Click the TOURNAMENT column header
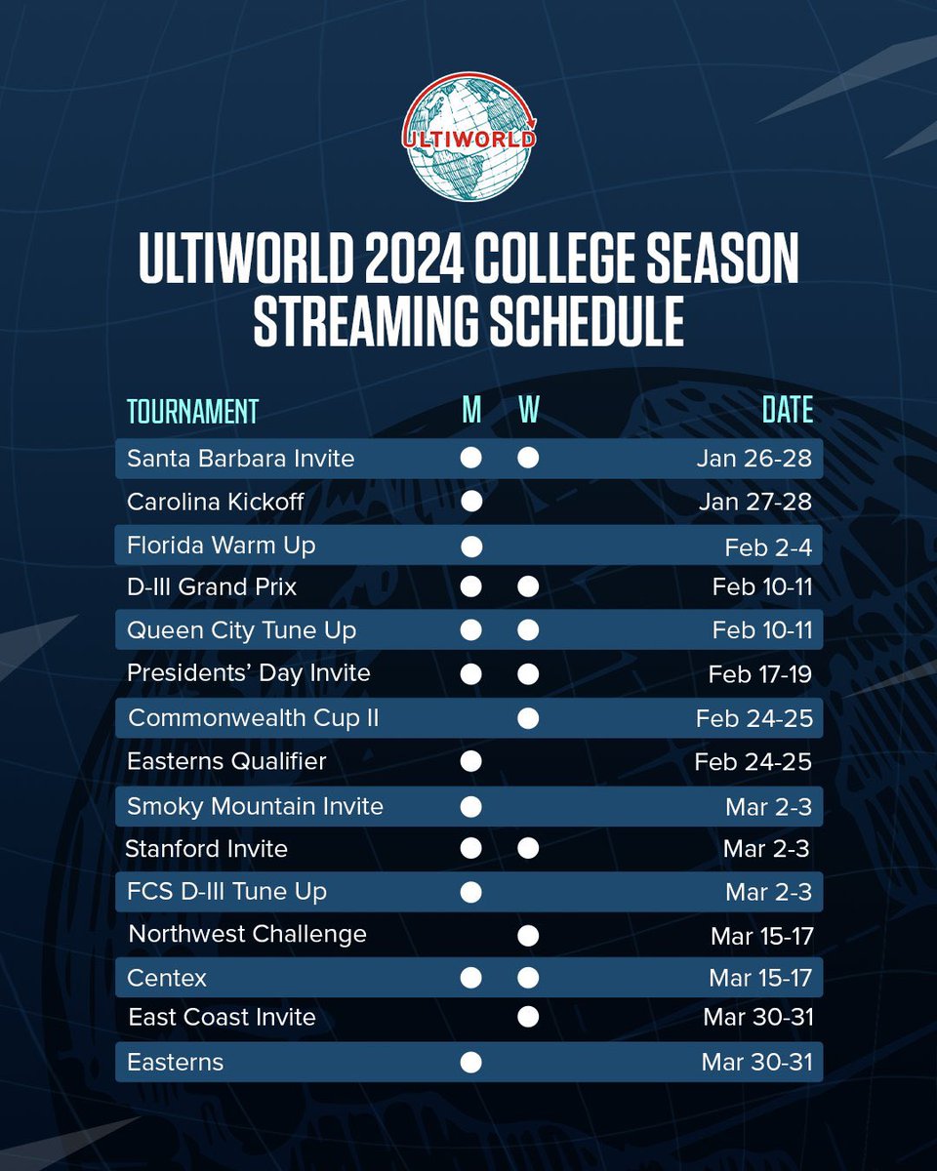(192, 411)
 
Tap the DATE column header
(787, 411)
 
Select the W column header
(528, 411)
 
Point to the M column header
(471, 411)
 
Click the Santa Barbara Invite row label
(240, 458)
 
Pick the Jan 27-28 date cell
(754, 502)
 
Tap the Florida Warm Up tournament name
(221, 545)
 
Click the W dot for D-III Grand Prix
(528, 587)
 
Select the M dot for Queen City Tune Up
(471, 630)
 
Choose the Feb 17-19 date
(759, 673)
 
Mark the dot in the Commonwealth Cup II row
(528, 718)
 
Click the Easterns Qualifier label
(226, 760)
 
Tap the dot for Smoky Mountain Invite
(471, 806)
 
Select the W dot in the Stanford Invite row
(528, 849)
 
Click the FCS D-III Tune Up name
(226, 891)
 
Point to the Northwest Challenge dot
(528, 936)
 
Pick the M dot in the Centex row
(471, 978)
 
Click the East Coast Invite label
(223, 1017)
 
